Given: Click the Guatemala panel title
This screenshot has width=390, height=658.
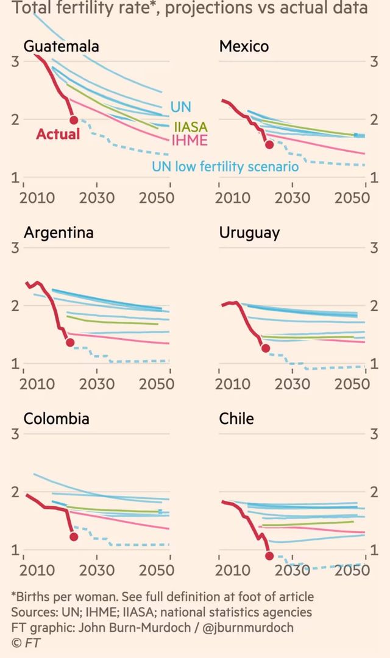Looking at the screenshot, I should tap(61, 47).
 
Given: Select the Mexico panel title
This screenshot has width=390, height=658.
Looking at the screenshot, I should tap(244, 47).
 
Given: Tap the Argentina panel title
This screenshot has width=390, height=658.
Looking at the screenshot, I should tap(58, 233).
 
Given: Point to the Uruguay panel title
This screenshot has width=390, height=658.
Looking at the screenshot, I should tap(249, 233).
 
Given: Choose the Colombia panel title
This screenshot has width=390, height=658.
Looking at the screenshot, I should tap(56, 419).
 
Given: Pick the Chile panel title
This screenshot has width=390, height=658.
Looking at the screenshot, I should tap(236, 419).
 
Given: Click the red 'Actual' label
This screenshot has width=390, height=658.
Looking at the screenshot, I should tap(58, 134).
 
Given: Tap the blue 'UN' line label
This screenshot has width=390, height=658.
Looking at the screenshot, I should tap(180, 107).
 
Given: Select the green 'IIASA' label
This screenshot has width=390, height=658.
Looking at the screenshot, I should tap(190, 127).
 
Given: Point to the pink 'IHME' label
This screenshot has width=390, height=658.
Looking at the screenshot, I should tap(190, 141).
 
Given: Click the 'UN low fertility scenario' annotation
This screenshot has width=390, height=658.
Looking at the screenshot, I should tap(225, 166).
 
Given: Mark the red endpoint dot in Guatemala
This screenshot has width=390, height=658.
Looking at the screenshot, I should tap(74, 120).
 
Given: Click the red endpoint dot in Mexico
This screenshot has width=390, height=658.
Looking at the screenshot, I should tap(269, 144).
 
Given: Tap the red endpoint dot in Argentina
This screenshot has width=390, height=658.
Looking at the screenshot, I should tap(70, 342).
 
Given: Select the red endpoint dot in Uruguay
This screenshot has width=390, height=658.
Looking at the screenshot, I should tap(265, 348).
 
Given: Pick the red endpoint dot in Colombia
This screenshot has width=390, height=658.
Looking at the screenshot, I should tap(74, 537).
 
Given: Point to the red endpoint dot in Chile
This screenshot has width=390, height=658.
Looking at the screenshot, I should tap(269, 556).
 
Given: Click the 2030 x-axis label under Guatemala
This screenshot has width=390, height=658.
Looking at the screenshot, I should tap(97, 197).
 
